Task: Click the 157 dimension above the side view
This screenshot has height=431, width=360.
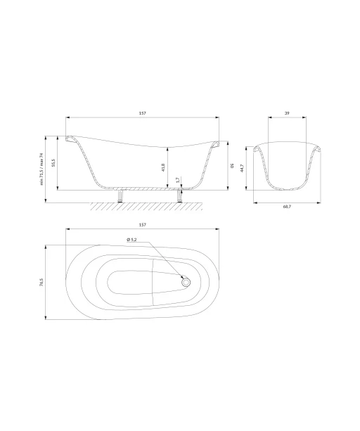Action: (x=143, y=113)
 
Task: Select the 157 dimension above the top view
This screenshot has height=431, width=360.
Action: (x=142, y=225)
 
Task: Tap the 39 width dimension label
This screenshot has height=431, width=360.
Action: (x=287, y=113)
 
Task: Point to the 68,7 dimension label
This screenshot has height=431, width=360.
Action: (x=287, y=207)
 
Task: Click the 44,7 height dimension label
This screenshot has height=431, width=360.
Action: (x=242, y=168)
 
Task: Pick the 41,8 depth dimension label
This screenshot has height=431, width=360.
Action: (x=163, y=167)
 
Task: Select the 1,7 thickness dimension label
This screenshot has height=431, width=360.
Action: (x=178, y=180)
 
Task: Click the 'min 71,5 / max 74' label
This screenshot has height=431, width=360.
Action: (x=41, y=169)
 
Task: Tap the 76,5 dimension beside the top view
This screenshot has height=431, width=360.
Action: (x=41, y=282)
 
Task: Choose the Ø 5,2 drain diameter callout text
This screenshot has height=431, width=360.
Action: (x=131, y=240)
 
